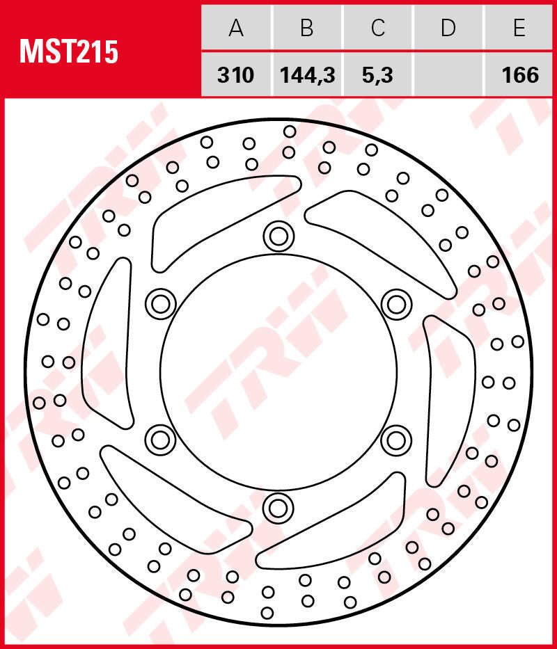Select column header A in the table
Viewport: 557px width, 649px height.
click(x=236, y=28)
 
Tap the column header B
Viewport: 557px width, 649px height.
click(x=307, y=28)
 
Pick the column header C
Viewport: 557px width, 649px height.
click(x=378, y=28)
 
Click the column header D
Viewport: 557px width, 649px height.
click(x=448, y=28)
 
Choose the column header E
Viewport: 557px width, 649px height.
click(x=519, y=28)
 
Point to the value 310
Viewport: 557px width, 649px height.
click(x=236, y=74)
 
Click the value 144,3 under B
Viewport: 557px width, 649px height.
click(x=307, y=74)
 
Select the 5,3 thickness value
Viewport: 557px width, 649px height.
click(x=378, y=74)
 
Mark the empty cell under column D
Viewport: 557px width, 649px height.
click(x=448, y=74)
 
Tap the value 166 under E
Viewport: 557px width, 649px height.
click(x=519, y=74)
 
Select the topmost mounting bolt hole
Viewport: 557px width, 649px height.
click(x=278, y=237)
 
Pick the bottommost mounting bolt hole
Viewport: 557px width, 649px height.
click(x=278, y=507)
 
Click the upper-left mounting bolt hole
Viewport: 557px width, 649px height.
click(x=161, y=303)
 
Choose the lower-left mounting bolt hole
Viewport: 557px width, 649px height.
click(x=161, y=439)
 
